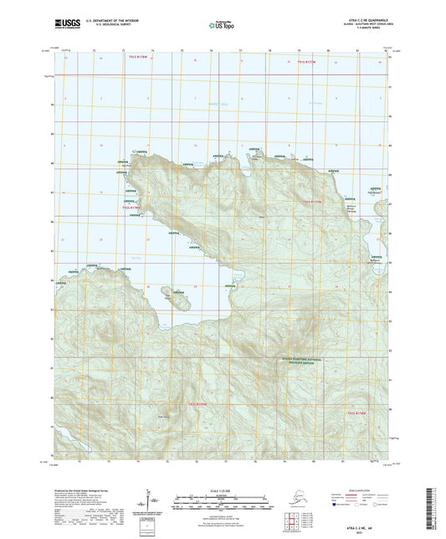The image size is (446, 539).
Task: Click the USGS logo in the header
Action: click(68, 26)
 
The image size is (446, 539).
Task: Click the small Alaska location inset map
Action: click(282, 502)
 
